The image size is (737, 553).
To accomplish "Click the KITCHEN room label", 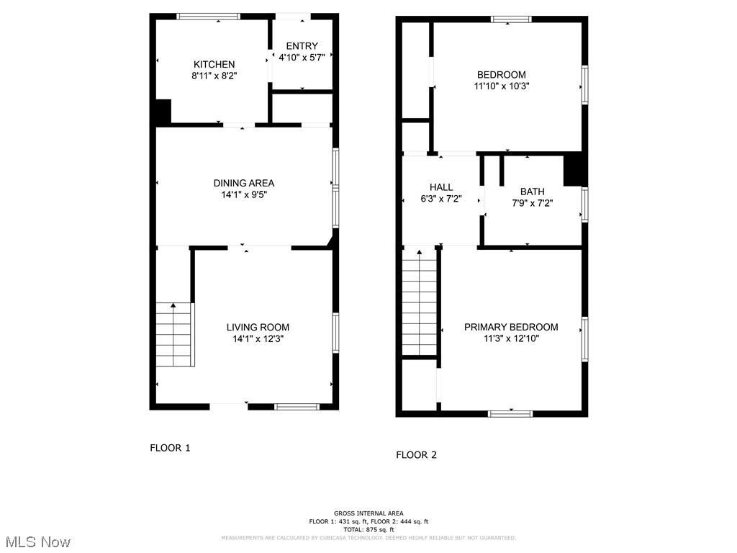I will tap(213, 64).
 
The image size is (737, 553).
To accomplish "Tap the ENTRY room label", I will tap(302, 46).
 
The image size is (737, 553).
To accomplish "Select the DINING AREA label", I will tap(243, 183).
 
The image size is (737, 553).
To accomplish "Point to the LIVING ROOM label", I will tap(258, 327).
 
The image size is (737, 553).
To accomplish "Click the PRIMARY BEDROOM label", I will tap(510, 327).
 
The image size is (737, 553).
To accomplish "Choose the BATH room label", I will tap(532, 192).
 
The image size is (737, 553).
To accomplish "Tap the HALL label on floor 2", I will tap(440, 187).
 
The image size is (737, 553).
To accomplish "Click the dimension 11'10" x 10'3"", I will tap(502, 86).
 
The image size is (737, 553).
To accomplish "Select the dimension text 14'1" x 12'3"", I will tap(258, 338).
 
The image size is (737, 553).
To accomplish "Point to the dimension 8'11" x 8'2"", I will tap(213, 75).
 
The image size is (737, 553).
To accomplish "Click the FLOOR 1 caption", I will tap(170, 448).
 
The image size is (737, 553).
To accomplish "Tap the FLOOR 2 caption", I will tap(416, 455).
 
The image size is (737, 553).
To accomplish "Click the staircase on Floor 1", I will tap(175, 335).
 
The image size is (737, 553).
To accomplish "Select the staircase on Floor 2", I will tap(420, 302).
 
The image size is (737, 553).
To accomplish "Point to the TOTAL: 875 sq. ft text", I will tap(368, 529).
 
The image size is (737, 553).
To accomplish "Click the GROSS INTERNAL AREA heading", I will tap(368, 513).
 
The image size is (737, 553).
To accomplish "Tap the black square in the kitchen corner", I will tap(163, 112).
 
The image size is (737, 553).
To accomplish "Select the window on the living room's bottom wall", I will tap(297, 407).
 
